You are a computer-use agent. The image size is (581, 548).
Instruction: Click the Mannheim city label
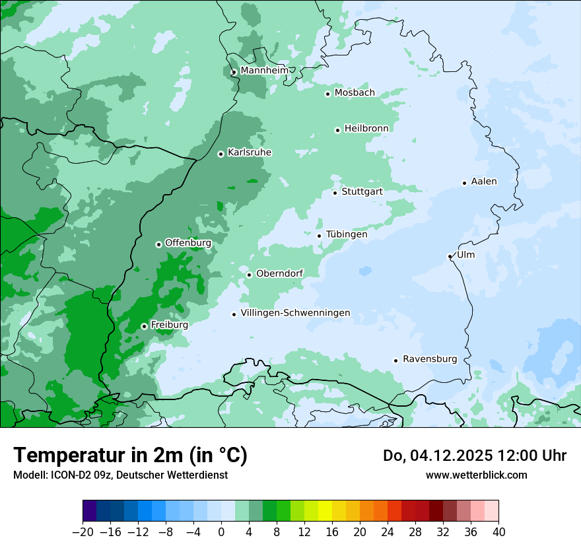pyautogui.click(x=264, y=70)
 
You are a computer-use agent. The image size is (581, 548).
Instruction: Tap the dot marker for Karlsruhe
pyautogui.click(x=221, y=154)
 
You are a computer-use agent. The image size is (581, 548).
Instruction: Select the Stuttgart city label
pyautogui.click(x=362, y=191)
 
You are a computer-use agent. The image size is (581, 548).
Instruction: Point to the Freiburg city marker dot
pyautogui.click(x=144, y=326)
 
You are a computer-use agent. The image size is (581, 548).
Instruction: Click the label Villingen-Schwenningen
pyautogui.click(x=295, y=313)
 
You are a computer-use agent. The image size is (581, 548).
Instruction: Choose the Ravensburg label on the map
pyautogui.click(x=430, y=359)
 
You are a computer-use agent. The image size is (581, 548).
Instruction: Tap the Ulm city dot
pyautogui.click(x=450, y=256)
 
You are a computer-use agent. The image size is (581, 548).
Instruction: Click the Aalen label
pyautogui.click(x=484, y=182)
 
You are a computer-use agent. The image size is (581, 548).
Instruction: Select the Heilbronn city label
pyautogui.click(x=366, y=128)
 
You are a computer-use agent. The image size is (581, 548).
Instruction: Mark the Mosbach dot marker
pyautogui.click(x=327, y=94)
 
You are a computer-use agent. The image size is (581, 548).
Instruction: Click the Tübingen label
pyautogui.click(x=347, y=234)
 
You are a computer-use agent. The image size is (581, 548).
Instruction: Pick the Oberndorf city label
pyautogui.click(x=279, y=273)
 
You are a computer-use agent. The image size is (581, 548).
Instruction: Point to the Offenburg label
pyautogui.click(x=188, y=243)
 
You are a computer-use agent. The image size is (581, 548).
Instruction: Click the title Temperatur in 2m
pyautogui.click(x=130, y=456)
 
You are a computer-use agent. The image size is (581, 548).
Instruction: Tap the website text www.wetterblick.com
pyautogui.click(x=477, y=475)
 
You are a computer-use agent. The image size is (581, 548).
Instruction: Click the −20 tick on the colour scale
pyautogui.click(x=83, y=532)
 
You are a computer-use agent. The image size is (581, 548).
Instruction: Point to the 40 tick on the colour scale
pyautogui.click(x=498, y=532)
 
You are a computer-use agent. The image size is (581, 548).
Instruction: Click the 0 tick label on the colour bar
pyautogui.click(x=221, y=532)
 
